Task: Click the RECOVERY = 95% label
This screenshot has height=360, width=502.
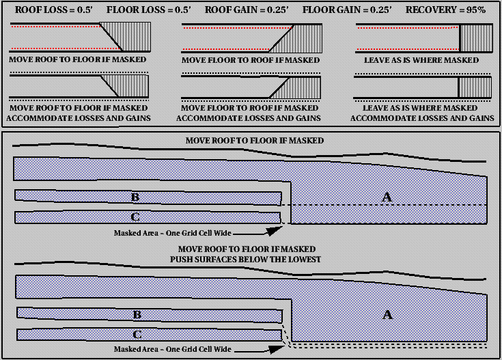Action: click(x=446, y=11)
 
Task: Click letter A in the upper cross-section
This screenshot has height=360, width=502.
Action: click(x=387, y=197)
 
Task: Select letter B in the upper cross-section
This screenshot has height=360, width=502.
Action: click(x=135, y=197)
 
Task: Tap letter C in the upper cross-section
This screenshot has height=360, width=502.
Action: click(x=135, y=217)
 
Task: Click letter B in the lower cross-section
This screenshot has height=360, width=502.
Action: click(x=137, y=315)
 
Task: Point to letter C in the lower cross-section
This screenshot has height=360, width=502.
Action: click(x=137, y=335)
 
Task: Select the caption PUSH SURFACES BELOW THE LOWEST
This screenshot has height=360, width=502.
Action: click(x=249, y=260)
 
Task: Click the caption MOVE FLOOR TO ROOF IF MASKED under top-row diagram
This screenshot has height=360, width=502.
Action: click(x=251, y=60)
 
